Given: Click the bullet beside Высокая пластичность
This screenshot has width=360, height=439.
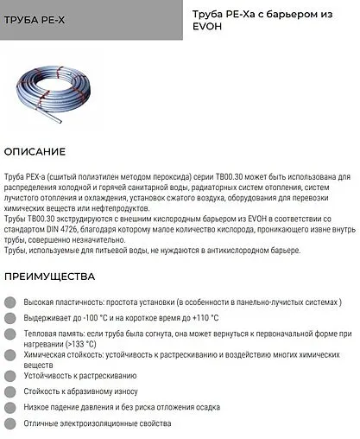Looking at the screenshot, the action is click(9, 302).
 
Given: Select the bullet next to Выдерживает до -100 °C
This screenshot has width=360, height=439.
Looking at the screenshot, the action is click(9, 317).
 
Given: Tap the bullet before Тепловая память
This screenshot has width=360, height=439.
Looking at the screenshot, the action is click(9, 333).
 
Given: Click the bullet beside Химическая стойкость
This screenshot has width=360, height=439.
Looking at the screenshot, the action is click(9, 355).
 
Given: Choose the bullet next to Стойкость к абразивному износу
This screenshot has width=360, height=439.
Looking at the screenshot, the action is click(9, 391).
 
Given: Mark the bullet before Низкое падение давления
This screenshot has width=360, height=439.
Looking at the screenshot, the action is click(9, 406).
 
